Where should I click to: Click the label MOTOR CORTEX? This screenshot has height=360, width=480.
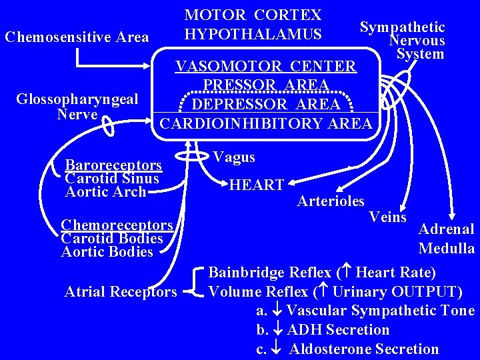[253, 15]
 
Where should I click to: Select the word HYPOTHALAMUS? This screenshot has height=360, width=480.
[253, 34]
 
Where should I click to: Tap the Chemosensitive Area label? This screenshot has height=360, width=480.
[77, 37]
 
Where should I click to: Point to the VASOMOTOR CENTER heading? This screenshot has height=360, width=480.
[265, 67]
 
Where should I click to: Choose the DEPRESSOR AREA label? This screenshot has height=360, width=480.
[265, 105]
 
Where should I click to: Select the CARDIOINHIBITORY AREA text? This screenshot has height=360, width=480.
[265, 123]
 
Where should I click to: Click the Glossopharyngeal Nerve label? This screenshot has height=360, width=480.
[77, 107]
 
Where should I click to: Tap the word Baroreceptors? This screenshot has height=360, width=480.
[113, 165]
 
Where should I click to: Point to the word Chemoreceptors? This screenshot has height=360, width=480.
[117, 225]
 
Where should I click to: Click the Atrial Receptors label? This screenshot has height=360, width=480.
[121, 291]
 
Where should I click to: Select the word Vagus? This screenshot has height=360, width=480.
[234, 157]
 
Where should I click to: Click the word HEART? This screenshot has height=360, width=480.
[257, 185]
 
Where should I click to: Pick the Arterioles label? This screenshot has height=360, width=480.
[331, 201]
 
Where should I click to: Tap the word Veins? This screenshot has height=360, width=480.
[387, 217]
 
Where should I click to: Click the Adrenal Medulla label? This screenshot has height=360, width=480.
[446, 239]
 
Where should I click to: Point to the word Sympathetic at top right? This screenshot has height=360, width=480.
[402, 27]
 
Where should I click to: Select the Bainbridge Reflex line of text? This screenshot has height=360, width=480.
[322, 273]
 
